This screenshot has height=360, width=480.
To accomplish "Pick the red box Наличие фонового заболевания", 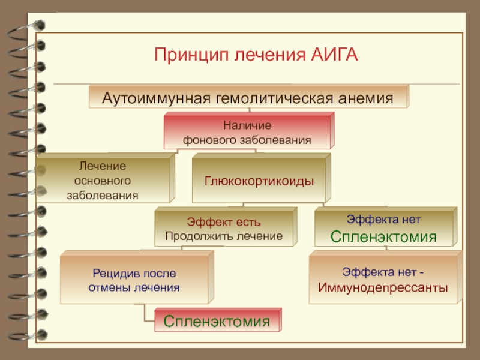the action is click(x=247, y=133).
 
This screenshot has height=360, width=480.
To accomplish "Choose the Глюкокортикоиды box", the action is click(x=259, y=180).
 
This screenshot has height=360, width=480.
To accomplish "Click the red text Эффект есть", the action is click(x=224, y=223).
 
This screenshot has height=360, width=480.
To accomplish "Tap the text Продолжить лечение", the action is click(x=224, y=236).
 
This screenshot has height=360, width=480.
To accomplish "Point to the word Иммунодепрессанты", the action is click(x=383, y=287).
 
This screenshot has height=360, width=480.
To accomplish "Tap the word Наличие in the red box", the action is click(x=247, y=126).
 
